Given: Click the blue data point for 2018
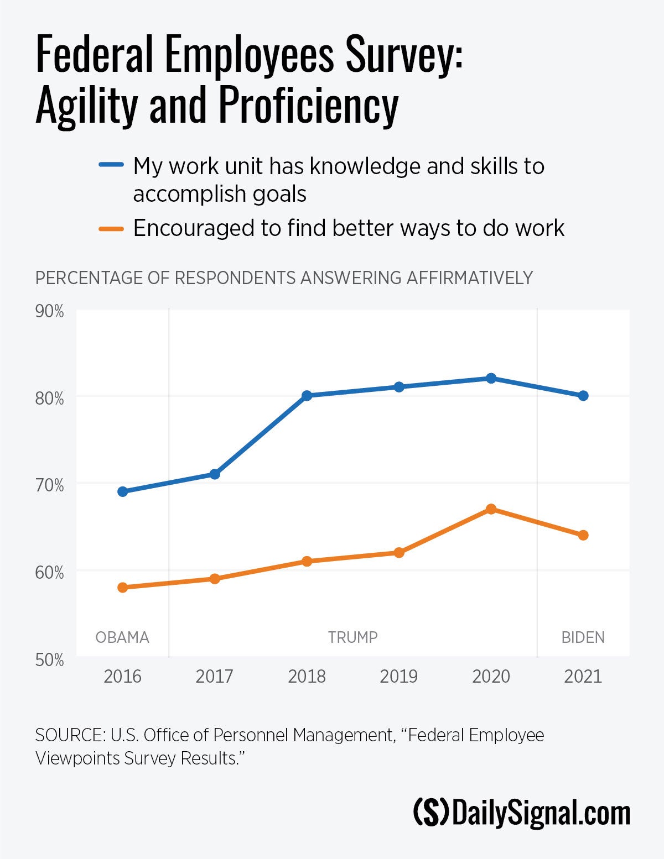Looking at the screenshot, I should (307, 396).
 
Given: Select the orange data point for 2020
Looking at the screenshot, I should (491, 509).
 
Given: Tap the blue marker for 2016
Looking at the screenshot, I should (123, 491).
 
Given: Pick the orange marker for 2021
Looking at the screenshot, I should (583, 535).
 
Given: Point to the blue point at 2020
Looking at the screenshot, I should (491, 378).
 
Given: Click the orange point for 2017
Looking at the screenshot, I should (215, 579).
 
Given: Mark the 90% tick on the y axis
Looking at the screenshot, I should (50, 311).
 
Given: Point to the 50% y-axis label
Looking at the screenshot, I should (50, 659).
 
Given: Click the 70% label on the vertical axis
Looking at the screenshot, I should (50, 485).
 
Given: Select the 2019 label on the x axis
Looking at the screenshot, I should (399, 676).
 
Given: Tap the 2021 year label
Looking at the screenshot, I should (583, 676).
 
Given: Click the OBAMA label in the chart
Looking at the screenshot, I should (122, 637).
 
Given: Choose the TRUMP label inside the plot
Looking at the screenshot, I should (352, 637).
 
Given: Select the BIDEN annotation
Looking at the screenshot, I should (583, 637).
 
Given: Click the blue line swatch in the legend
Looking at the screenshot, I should (111, 165).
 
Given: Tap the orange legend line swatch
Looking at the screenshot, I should (111, 228).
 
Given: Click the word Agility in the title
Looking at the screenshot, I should (86, 105).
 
